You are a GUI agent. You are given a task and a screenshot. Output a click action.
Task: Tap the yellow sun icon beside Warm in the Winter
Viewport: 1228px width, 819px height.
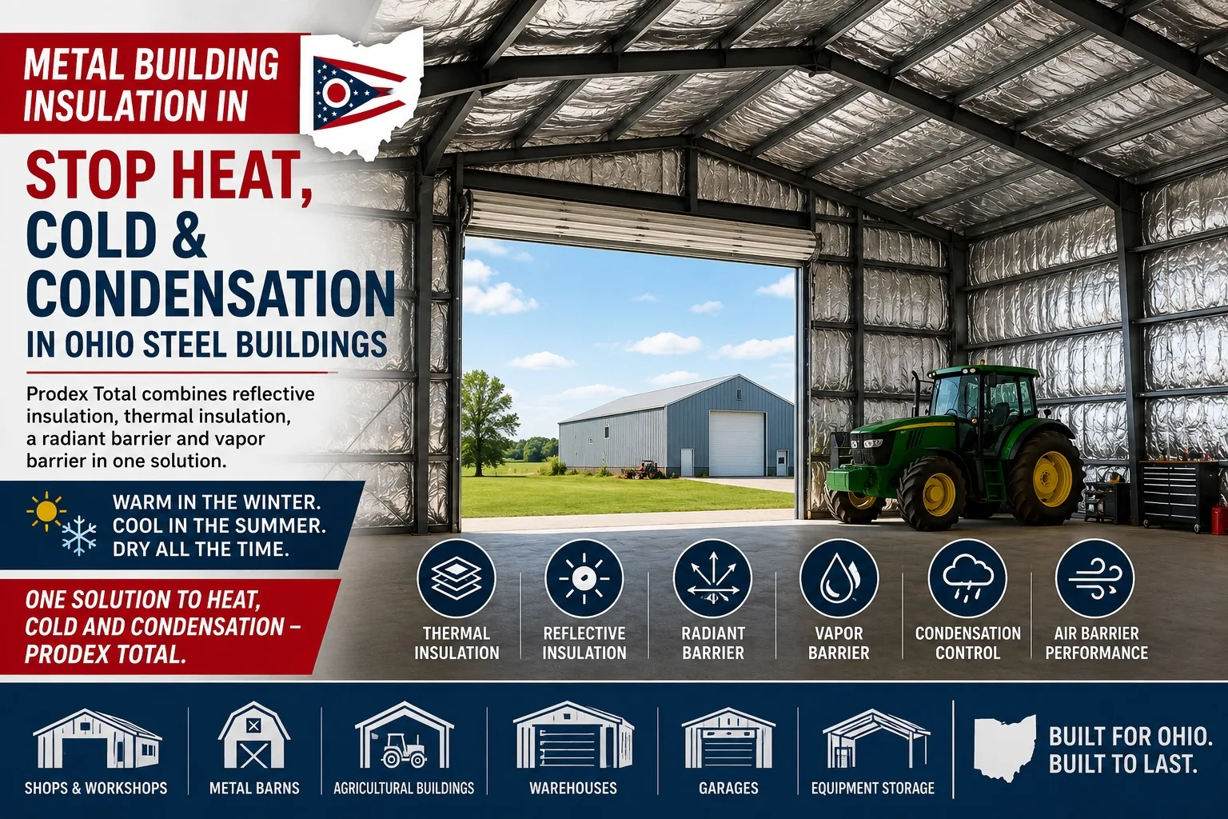click(x=46, y=511)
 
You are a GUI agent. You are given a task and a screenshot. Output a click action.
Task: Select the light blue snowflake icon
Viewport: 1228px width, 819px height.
click(x=79, y=536)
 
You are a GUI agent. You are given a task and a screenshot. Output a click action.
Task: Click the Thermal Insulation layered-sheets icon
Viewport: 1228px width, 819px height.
click(x=457, y=578)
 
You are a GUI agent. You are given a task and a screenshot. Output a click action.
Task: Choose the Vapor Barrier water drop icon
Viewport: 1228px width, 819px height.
click(x=839, y=578)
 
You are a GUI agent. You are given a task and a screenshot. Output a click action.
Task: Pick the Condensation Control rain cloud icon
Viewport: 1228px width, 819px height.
click(x=967, y=578)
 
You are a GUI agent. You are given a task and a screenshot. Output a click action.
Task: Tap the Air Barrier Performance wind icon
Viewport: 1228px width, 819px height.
click(x=1094, y=578)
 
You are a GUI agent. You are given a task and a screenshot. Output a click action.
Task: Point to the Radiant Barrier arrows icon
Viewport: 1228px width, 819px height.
click(x=712, y=578)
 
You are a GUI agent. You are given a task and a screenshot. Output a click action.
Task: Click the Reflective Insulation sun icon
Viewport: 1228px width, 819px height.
click(x=584, y=578)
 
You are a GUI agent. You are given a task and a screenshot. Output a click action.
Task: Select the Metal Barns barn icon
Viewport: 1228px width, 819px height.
click(x=253, y=736)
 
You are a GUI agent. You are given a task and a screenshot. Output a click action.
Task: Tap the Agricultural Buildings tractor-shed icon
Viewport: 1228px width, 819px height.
click(x=404, y=736)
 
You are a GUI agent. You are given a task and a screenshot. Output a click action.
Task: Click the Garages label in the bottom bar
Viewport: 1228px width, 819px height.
click(x=728, y=789)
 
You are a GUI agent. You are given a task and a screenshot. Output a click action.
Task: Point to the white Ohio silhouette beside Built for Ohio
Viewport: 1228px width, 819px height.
click(x=1004, y=747)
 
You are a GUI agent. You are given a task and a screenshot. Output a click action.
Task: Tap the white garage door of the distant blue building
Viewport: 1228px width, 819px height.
click(x=737, y=444)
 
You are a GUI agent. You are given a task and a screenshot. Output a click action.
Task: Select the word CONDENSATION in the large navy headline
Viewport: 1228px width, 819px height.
click(x=210, y=295)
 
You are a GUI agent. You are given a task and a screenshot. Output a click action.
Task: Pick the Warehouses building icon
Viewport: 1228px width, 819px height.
click(x=573, y=736)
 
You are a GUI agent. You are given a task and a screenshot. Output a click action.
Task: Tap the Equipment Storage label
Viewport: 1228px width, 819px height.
click(x=873, y=789)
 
